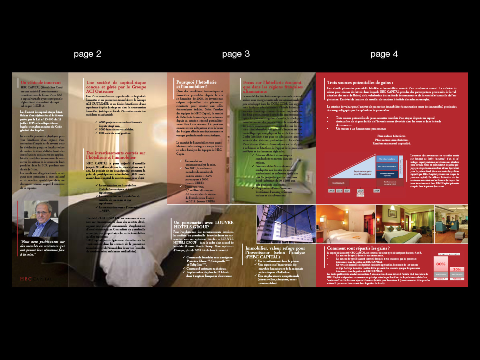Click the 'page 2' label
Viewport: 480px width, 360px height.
tap(87, 54)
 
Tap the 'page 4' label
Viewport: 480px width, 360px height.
tap(384, 54)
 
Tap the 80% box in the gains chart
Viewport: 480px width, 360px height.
tap(441, 264)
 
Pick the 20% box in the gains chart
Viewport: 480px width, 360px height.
tap(457, 269)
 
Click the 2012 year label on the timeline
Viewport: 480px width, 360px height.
tap(332, 191)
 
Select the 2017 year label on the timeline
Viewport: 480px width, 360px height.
tap(360, 191)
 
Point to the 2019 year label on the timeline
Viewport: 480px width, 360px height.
tap(376, 191)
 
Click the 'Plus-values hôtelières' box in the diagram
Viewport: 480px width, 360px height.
tap(387, 159)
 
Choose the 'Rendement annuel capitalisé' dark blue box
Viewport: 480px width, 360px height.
tap(387, 174)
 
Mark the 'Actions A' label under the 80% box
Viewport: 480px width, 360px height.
tap(441, 278)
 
